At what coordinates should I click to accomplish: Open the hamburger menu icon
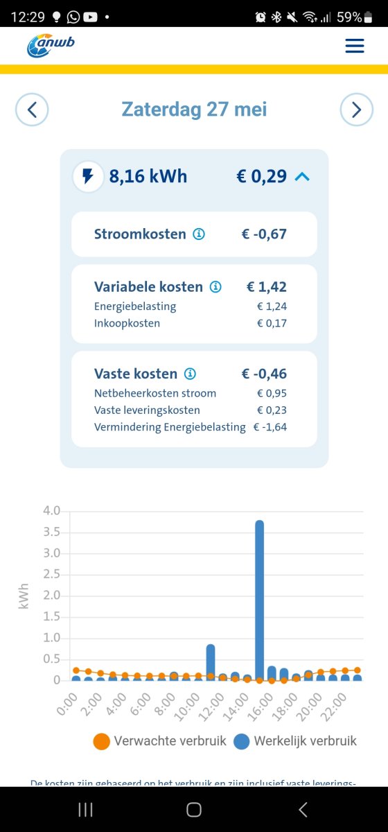354,46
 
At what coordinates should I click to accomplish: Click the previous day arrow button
32,110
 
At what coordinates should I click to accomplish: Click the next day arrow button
356,110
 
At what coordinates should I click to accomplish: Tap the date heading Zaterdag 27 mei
194,110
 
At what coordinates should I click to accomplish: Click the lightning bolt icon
88,176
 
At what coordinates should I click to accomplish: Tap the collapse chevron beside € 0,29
301,177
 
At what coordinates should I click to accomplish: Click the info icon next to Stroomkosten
199,234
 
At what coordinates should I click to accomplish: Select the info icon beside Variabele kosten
215,287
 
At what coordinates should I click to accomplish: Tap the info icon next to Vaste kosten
190,374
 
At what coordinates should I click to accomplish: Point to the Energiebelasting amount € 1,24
272,306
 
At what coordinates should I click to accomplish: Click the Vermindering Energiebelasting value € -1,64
270,427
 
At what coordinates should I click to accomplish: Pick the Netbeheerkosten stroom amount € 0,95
272,394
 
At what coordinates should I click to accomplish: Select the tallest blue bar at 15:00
260,600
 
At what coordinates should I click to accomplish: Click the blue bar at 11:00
211,662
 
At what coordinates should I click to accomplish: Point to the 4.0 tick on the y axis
53,511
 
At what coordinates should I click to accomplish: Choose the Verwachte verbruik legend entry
160,741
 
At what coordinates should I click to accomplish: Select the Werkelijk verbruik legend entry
296,741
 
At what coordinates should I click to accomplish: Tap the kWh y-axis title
25,596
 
